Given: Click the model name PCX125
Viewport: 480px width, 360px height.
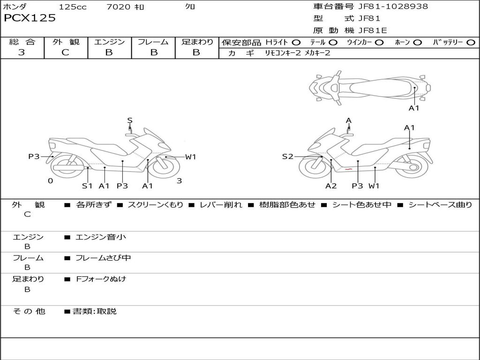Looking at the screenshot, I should (x=30, y=18).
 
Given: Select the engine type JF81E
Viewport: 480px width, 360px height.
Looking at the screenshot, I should (x=373, y=31).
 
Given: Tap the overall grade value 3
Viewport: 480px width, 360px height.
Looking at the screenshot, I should (x=22, y=52).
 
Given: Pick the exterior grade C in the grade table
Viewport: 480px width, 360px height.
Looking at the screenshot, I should (x=65, y=52).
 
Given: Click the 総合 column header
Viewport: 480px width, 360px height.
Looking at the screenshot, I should (x=22, y=42).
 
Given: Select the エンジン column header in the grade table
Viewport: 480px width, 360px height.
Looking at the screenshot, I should (x=109, y=42).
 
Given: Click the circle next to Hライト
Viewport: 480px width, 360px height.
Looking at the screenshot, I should (x=296, y=43).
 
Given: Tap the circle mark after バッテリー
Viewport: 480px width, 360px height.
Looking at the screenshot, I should (x=471, y=43).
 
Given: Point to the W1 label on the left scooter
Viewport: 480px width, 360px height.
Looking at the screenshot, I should (x=190, y=157).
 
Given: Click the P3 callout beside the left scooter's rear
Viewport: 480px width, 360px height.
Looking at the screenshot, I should (x=34, y=157).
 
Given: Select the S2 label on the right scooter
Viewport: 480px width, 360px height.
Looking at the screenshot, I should (x=287, y=157).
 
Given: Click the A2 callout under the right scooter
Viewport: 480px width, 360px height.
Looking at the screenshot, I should (x=331, y=186).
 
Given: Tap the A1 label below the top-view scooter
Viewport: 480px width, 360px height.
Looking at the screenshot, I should (x=414, y=108).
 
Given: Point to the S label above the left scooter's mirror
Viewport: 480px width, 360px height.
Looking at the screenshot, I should (x=130, y=120).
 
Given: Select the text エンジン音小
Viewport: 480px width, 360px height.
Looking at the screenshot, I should (x=101, y=237).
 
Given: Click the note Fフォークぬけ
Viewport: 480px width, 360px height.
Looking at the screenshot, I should (x=101, y=279).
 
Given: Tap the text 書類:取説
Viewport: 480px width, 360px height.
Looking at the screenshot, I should (x=94, y=311).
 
